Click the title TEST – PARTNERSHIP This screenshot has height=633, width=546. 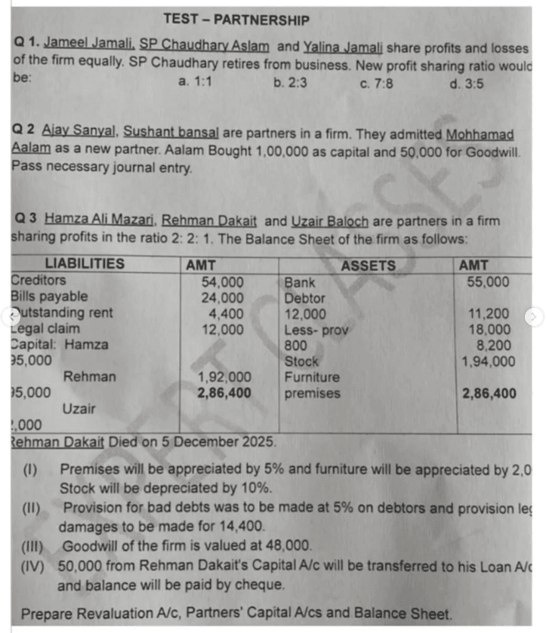[236, 20]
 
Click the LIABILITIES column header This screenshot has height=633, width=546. [85, 264]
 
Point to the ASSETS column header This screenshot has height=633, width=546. [368, 265]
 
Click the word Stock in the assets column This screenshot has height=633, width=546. [301, 361]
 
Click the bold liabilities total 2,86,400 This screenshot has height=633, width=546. [224, 393]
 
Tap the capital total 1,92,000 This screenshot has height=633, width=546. [224, 377]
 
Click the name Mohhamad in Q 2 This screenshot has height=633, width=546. [480, 134]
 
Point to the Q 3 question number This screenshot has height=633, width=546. [25, 220]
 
